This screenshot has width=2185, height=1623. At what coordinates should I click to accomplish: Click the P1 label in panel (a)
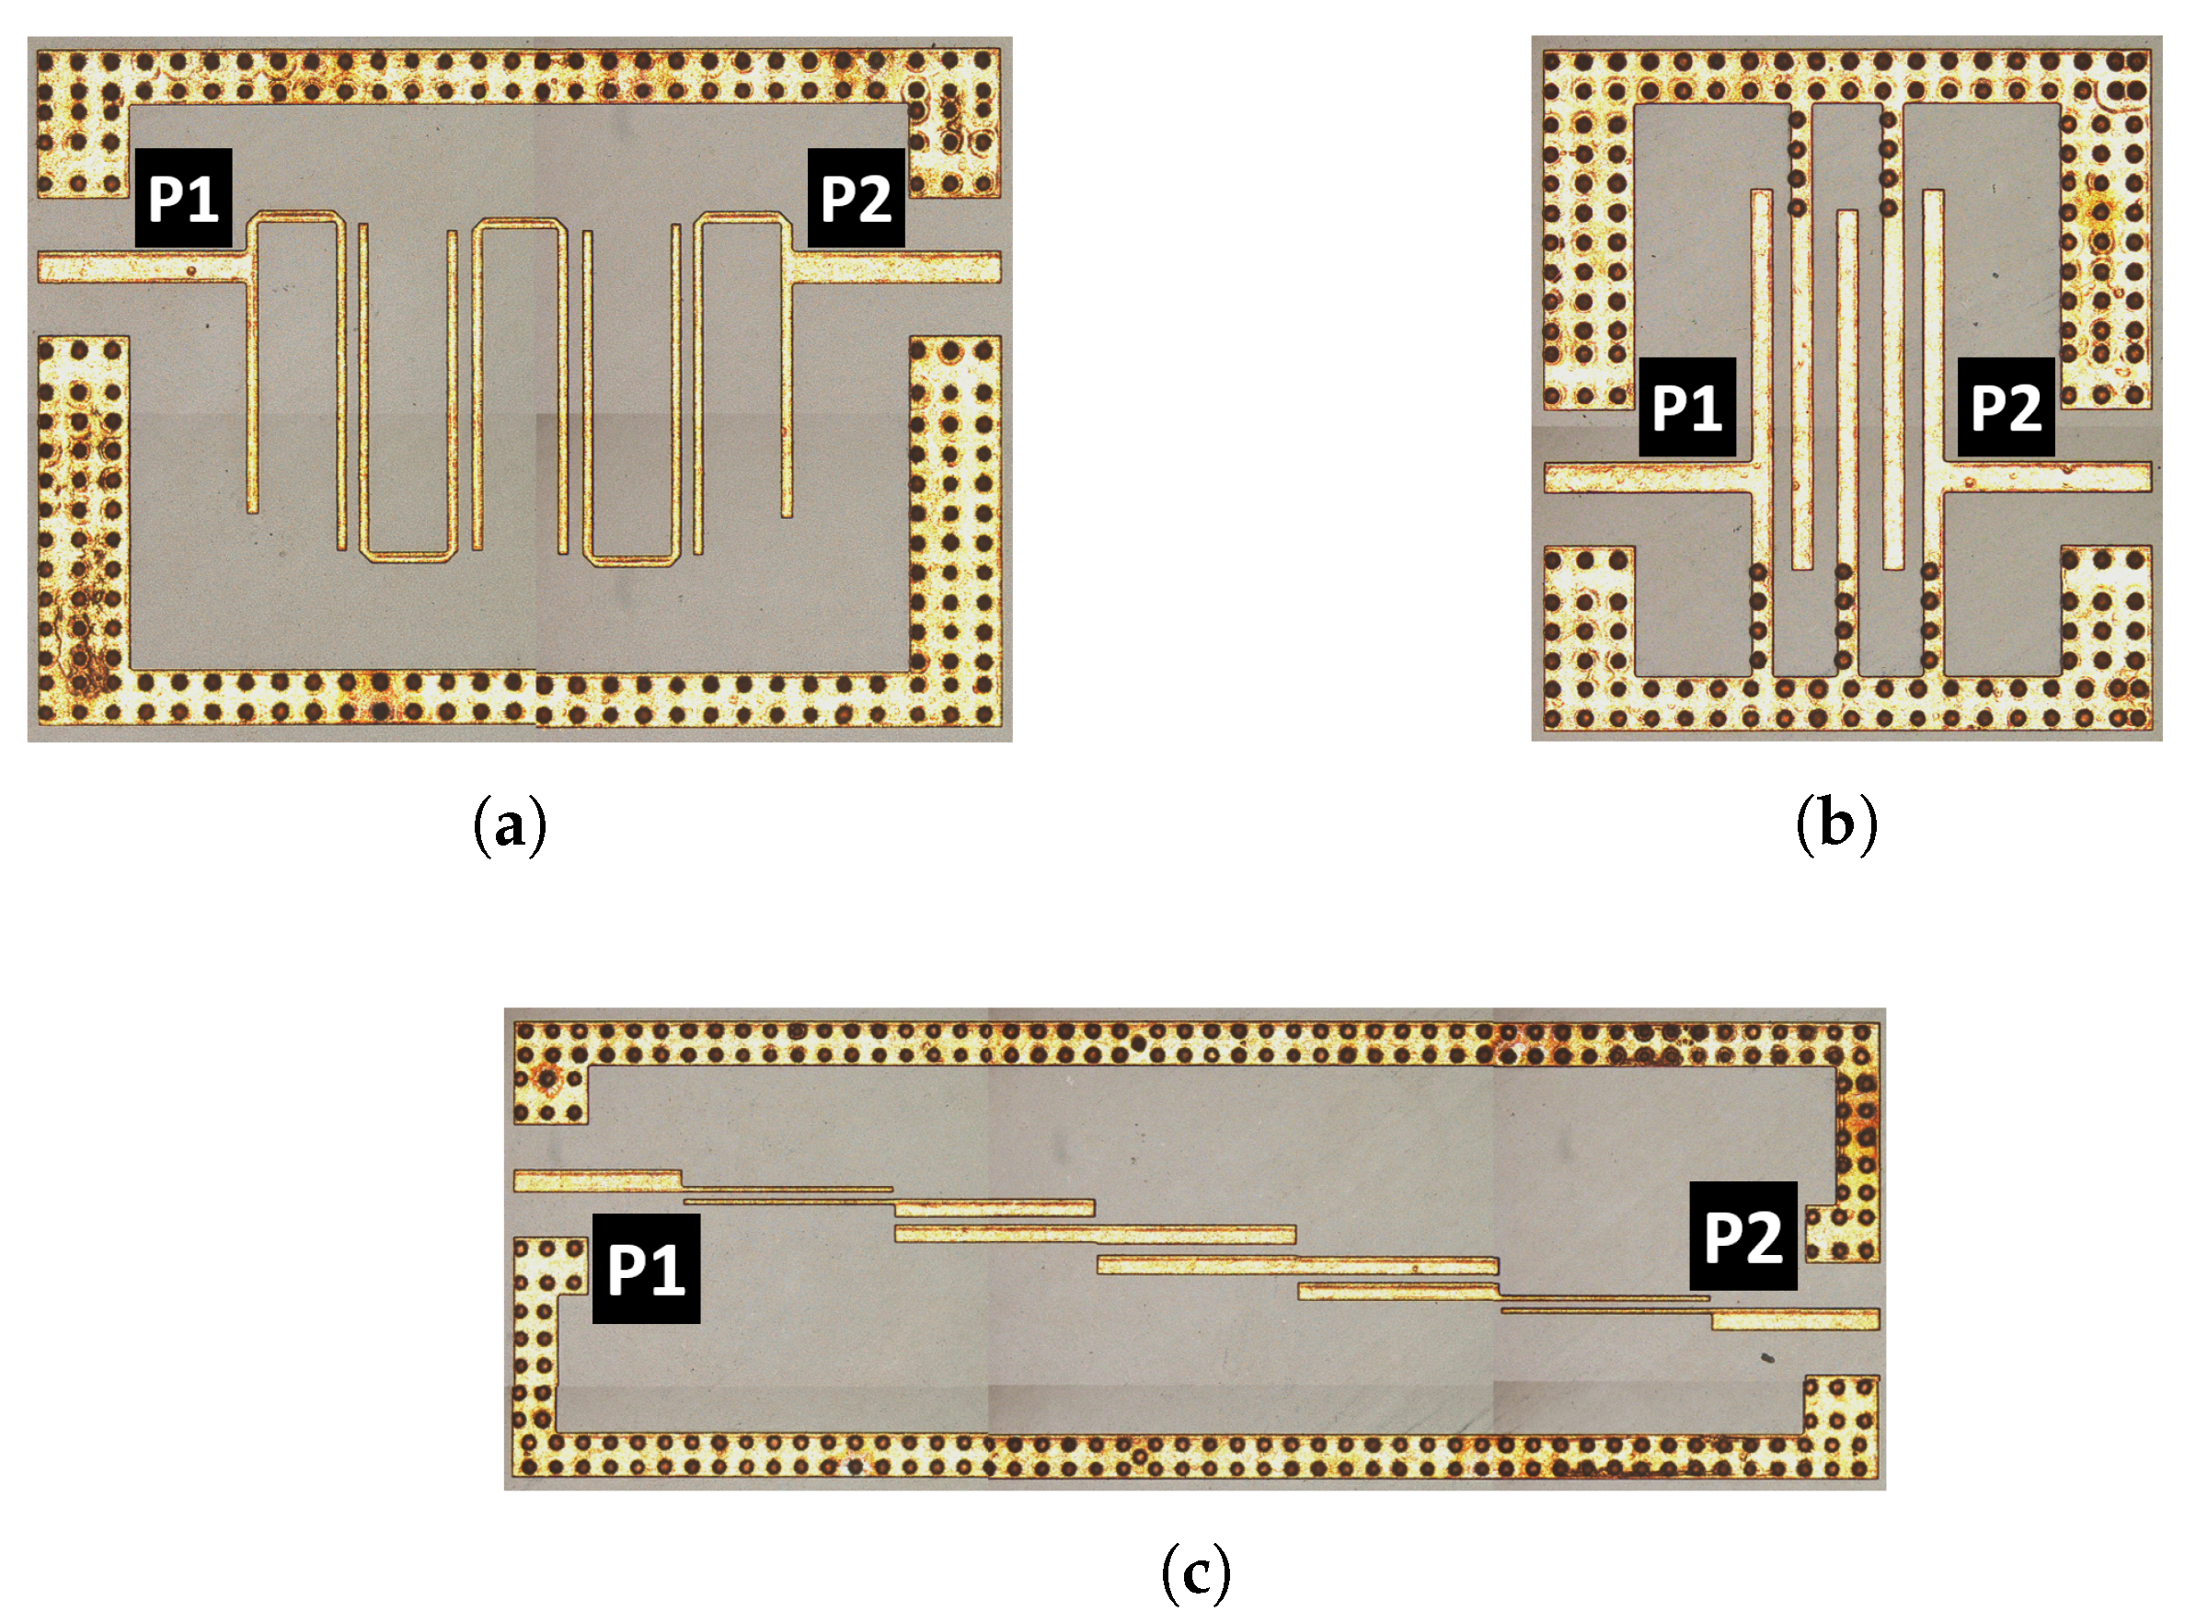184,198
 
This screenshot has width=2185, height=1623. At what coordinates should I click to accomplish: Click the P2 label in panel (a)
855,198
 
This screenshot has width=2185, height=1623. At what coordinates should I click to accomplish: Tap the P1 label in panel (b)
1686,407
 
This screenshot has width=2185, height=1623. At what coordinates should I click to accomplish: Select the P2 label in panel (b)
2006,407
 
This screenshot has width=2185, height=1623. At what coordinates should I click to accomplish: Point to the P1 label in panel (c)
646,1269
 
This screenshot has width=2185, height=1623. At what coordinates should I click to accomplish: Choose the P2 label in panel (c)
1742,1236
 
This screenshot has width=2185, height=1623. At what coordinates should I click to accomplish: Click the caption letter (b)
1835,825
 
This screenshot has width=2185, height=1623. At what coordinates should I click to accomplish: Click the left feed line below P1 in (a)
138,267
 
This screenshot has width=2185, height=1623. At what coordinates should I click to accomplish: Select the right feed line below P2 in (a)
899,267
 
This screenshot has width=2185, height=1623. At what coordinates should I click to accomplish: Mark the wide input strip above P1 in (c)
596,1180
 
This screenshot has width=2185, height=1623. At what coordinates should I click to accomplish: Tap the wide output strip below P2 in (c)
1795,1319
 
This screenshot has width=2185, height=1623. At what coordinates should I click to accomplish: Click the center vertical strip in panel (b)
1846,393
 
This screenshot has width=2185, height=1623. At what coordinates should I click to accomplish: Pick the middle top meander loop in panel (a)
520,224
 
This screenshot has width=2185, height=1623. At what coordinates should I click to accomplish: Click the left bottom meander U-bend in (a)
408,556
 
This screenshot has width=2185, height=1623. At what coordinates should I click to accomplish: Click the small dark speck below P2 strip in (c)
1766,1359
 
